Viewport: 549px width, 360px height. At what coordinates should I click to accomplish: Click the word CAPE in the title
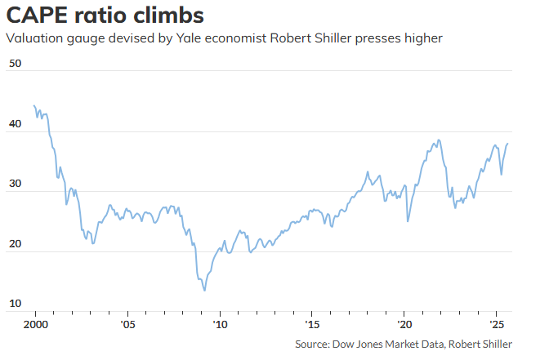click(x=38, y=16)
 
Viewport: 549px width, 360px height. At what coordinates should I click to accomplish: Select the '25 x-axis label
click(x=495, y=324)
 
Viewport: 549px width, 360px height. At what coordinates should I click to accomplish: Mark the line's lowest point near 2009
click(x=204, y=290)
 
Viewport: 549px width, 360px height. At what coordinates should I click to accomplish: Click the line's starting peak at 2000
click(x=34, y=106)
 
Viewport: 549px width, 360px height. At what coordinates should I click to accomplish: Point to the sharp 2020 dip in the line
click(x=407, y=220)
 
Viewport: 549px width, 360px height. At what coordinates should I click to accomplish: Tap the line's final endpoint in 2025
click(x=507, y=144)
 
